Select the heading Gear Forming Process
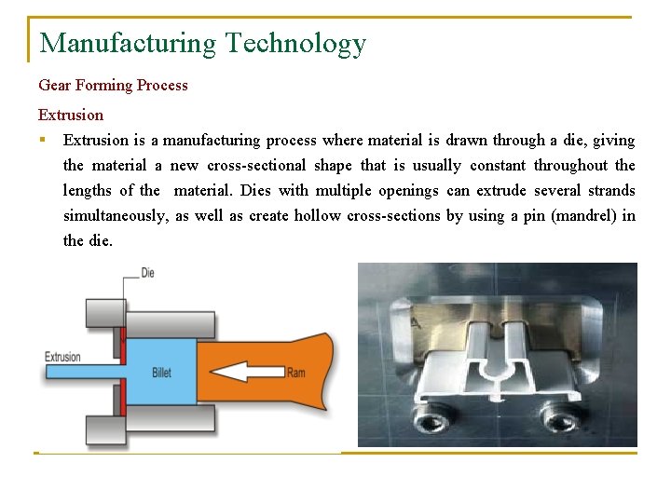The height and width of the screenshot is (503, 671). coord(113,85)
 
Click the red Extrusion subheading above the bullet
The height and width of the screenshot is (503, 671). coord(71,115)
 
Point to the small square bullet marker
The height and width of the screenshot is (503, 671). coord(43,141)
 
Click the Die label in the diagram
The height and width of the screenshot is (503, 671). coord(147,273)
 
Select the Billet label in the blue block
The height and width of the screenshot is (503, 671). coord(161,373)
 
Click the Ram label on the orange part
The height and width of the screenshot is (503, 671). coord(295,373)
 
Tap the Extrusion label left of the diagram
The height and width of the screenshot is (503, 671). coord(62,357)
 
